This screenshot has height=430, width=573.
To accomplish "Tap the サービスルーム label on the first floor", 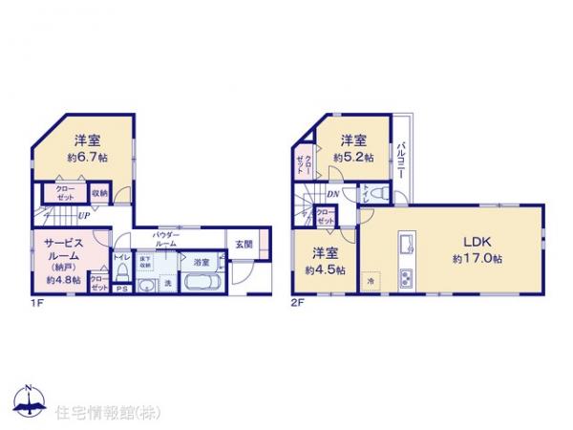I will point(62,250).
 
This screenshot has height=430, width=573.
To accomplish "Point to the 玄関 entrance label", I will point(244,244).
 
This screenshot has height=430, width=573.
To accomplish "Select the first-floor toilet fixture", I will point(122,274).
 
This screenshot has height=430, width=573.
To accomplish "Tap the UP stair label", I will point(84,216).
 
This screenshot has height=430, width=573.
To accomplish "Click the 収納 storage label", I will point(100,192).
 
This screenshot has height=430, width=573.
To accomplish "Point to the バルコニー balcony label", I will point(404,154).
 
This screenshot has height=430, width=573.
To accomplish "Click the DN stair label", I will point(330,196).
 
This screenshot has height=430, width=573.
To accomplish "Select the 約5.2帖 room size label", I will point(353,157).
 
